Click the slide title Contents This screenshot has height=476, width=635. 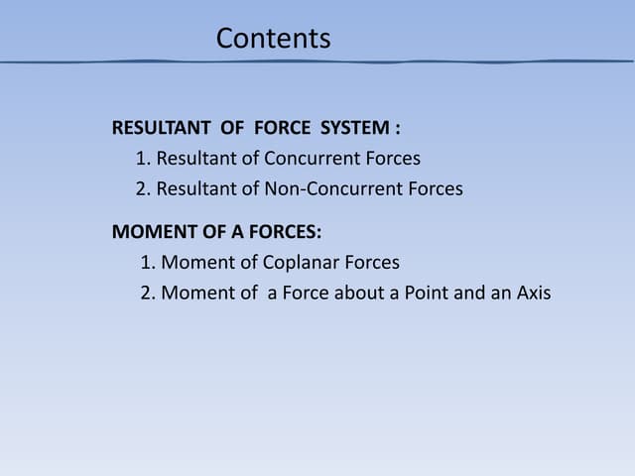pyautogui.click(x=273, y=39)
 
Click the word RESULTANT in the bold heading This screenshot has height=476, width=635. pyautogui.click(x=161, y=128)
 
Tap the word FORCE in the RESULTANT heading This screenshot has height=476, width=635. pyautogui.click(x=282, y=128)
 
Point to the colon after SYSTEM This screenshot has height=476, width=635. pyautogui.click(x=397, y=129)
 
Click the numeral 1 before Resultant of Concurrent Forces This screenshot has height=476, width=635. pyautogui.click(x=140, y=159)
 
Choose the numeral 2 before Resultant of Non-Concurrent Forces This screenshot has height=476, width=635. pyautogui.click(x=140, y=188)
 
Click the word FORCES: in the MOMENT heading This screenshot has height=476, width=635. pyautogui.click(x=287, y=233)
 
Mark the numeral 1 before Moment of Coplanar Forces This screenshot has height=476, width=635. pyautogui.click(x=145, y=263)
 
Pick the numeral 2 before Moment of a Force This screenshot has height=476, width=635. pyautogui.click(x=145, y=294)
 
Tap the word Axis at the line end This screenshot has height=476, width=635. pyautogui.click(x=532, y=294)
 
